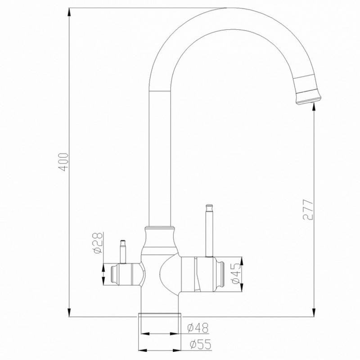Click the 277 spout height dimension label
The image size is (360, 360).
(306, 210)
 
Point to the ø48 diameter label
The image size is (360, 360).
(195, 328)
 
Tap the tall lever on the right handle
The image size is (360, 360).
(208, 229)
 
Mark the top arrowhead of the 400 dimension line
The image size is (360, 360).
(69, 12)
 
